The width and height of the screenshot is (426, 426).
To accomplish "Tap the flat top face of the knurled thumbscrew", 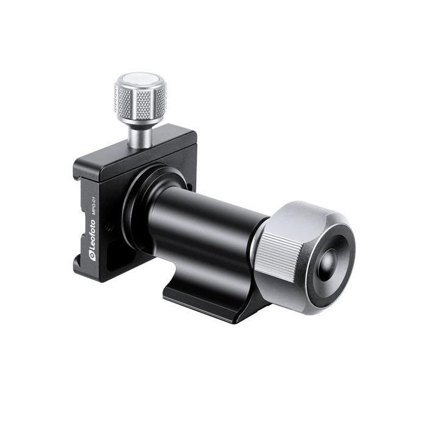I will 139,82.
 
